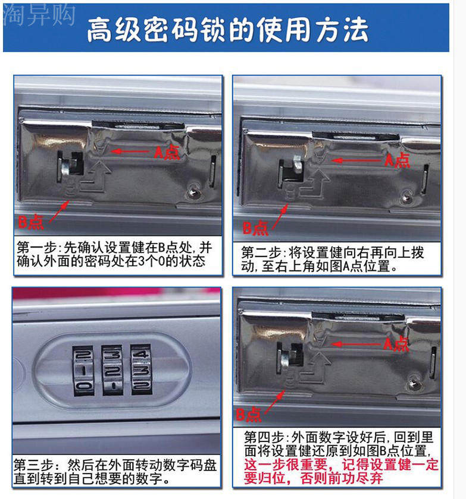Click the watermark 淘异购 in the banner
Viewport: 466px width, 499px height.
pyautogui.click(x=39, y=15)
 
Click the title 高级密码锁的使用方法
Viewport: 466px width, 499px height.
pyautogui.click(x=227, y=30)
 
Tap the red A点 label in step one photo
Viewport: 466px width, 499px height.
pyautogui.click(x=167, y=151)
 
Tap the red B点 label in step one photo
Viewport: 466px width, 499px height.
pyautogui.click(x=30, y=222)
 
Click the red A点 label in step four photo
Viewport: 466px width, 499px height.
pyautogui.click(x=396, y=344)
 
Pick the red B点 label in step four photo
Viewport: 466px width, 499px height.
pyautogui.click(x=249, y=415)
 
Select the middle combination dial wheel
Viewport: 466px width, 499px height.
pyautogui.click(x=112, y=371)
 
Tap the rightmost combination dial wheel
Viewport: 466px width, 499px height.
pyautogui.click(x=141, y=369)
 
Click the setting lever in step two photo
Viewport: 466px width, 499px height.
pyautogui.click(x=297, y=163)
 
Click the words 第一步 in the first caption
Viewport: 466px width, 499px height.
pyautogui.click(x=37, y=247)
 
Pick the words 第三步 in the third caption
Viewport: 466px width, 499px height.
pyautogui.click(x=33, y=465)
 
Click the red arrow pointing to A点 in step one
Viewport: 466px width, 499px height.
pyautogui.click(x=130, y=151)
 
